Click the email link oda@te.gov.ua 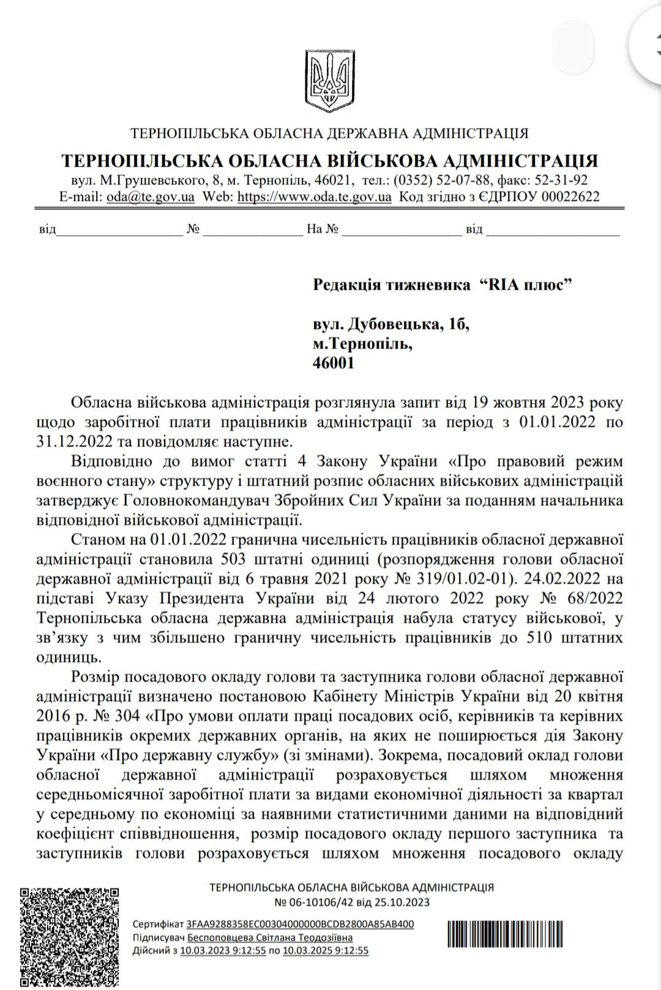click(151, 197)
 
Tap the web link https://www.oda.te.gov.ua click(314, 197)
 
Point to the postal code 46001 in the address click(334, 362)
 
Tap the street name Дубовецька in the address click(392, 324)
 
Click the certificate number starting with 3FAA click(300, 924)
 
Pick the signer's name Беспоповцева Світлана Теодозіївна click(270, 937)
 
